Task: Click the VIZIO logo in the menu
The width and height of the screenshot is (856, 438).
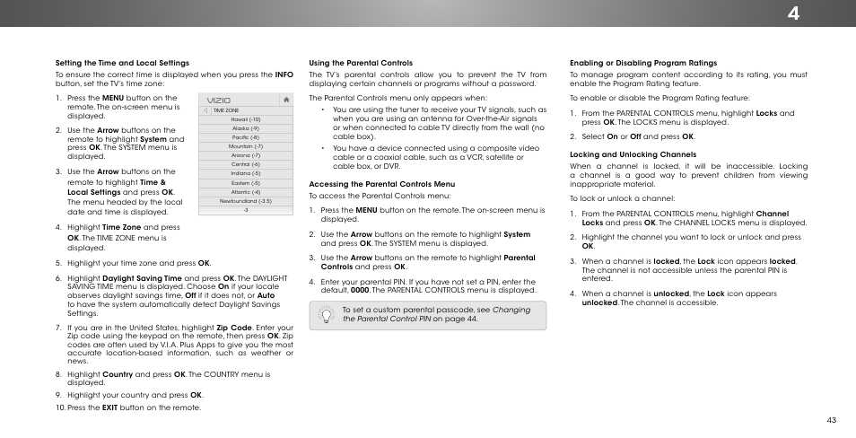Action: coord(219,101)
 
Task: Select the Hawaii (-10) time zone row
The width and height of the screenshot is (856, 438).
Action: coord(245,119)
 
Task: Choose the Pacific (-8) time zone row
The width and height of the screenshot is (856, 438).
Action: coord(245,137)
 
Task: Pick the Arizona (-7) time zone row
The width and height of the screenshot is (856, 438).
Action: coord(245,155)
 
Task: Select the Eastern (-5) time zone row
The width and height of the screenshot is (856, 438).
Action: coord(245,182)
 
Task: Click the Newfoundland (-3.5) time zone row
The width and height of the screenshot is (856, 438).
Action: coord(245,201)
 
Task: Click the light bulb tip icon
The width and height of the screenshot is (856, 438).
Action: coord(324,313)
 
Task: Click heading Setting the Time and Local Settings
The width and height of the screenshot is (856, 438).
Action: coord(122,63)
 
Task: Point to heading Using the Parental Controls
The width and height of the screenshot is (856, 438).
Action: coord(361,63)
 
